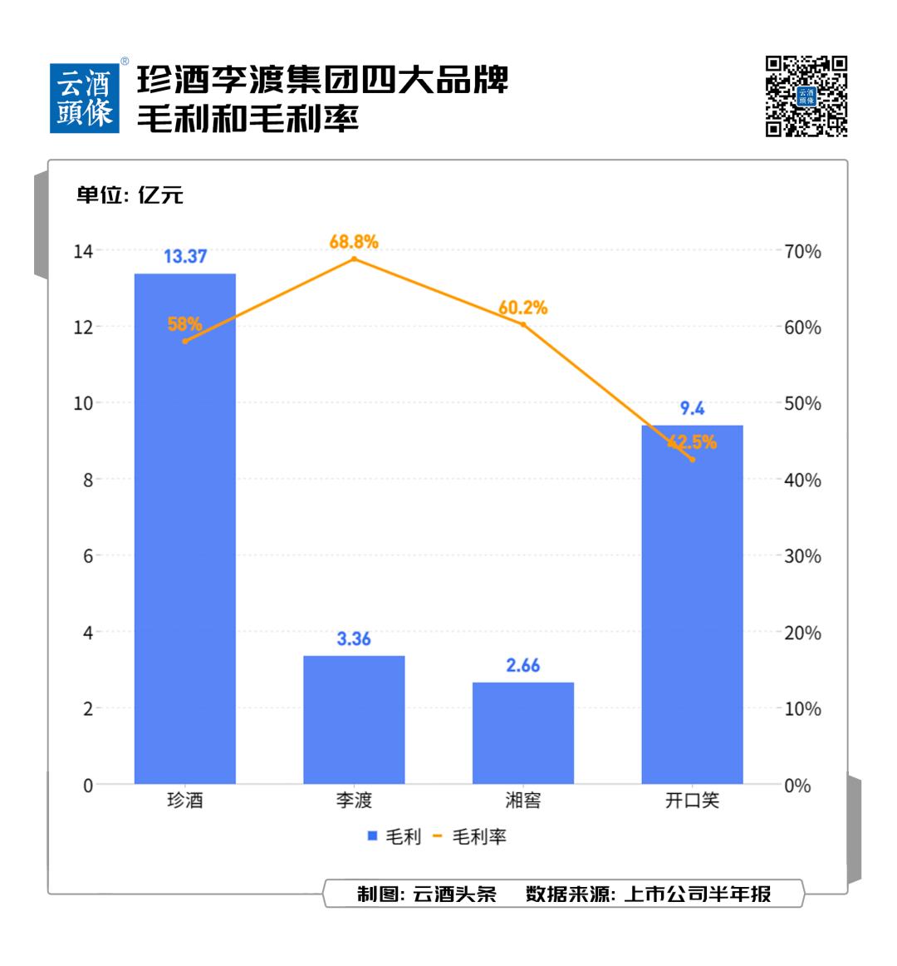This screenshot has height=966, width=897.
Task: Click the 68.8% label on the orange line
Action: coord(354,242)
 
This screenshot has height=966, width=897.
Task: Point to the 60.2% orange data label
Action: coord(523,308)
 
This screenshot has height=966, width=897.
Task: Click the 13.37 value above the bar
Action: coord(184,256)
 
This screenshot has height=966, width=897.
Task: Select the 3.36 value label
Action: coord(354,639)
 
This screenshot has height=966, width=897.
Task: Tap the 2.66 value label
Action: coord(523,665)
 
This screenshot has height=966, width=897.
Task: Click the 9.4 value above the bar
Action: coord(692,408)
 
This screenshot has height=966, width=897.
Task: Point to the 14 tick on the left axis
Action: coord(83,250)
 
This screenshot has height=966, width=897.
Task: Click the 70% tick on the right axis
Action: coord(802,251)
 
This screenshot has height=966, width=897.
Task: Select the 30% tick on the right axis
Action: coord(802,556)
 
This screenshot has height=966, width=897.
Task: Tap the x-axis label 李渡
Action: coord(354,801)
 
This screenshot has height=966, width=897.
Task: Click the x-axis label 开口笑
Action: coord(692,801)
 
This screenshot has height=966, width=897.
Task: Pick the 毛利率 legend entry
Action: coord(471,836)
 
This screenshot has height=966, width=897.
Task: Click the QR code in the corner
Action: coord(806,96)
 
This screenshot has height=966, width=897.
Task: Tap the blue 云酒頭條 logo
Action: coord(86,98)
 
